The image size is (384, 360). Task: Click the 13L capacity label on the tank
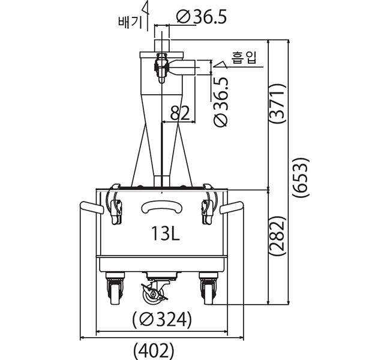[166, 233]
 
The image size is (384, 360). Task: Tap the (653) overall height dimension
[301, 177]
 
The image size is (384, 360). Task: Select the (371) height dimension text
[277, 103]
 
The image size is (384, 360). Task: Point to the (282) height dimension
[277, 236]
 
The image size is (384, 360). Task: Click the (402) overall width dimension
[154, 351]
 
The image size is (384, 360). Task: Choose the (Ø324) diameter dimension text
[162, 320]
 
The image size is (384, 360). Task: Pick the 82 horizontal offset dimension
[180, 113]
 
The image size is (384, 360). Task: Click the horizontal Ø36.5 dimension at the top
[202, 17]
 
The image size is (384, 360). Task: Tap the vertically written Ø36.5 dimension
[221, 102]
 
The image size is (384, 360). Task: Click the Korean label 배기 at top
[130, 22]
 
